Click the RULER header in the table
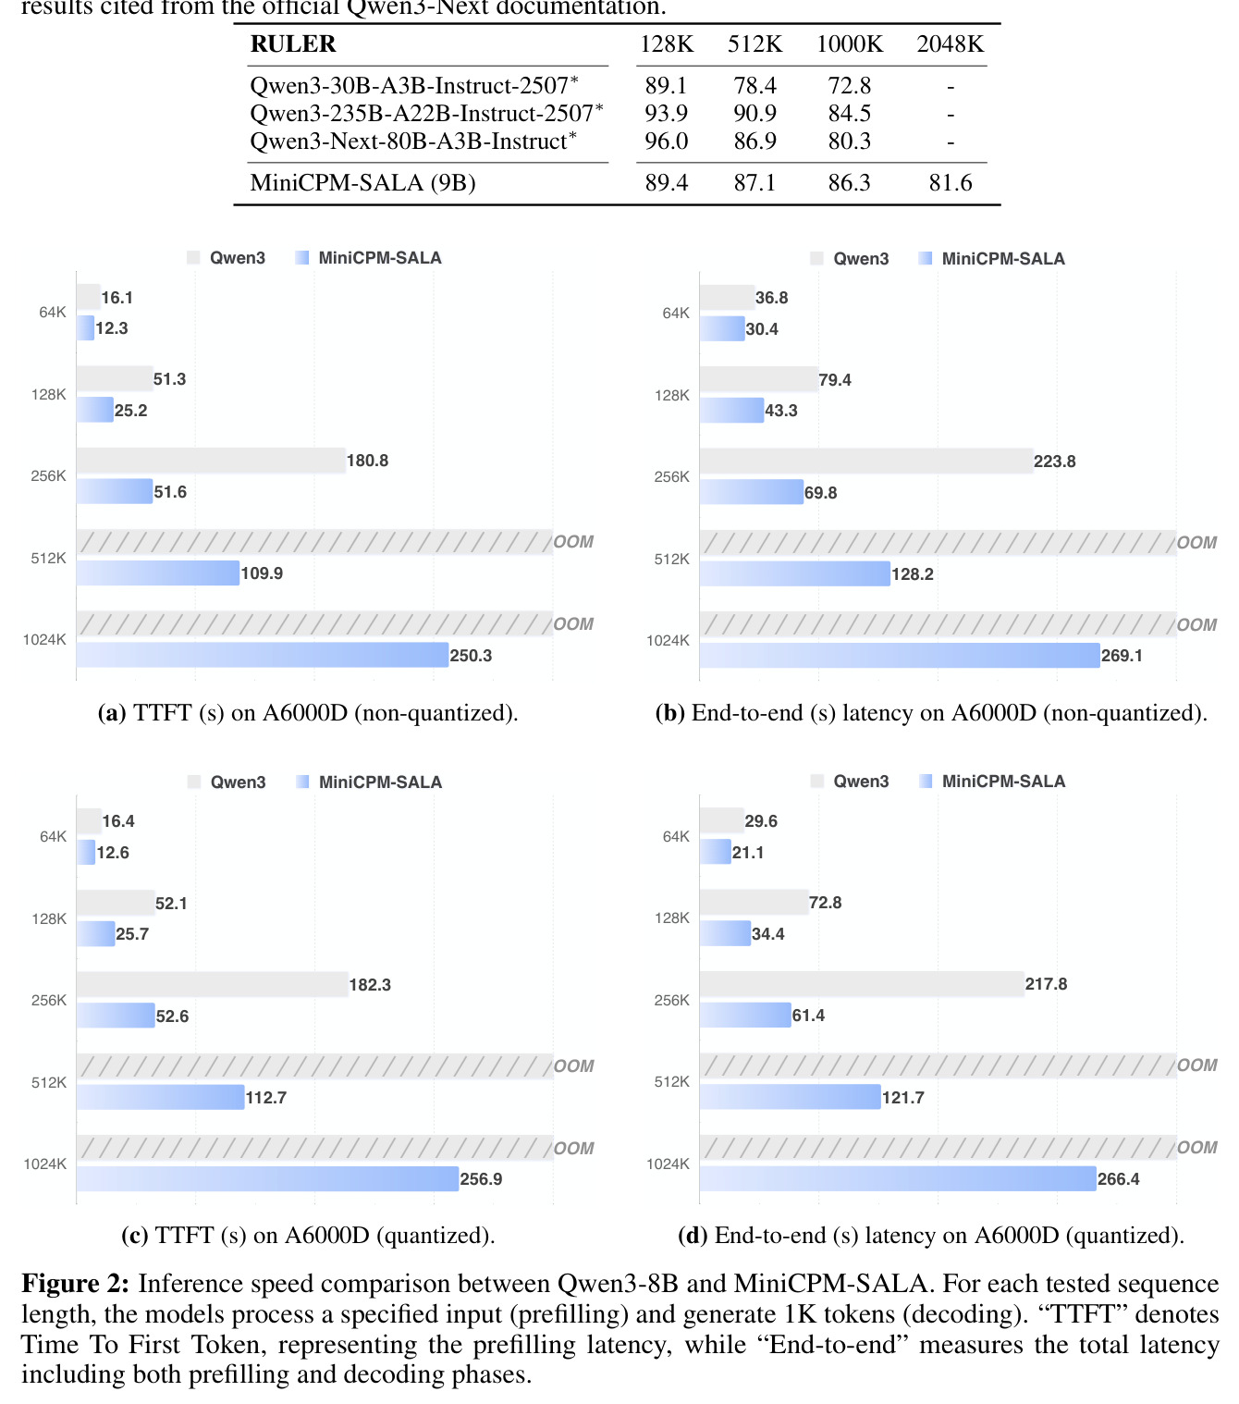point(293,43)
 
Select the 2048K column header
point(950,43)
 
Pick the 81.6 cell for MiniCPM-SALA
point(950,182)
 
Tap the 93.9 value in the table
point(666,113)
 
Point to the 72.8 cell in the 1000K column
point(849,85)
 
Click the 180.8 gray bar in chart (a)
point(211,461)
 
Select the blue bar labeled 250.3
point(263,655)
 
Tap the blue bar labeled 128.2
point(795,573)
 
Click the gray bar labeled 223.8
point(866,461)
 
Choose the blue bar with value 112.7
point(161,1097)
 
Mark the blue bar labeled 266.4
point(898,1178)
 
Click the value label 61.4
point(808,1016)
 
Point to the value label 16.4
point(118,821)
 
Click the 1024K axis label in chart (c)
point(45,1164)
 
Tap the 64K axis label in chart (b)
point(676,313)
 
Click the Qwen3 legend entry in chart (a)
point(226,258)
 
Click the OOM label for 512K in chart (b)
point(1196,543)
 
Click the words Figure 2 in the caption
point(75,1283)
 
